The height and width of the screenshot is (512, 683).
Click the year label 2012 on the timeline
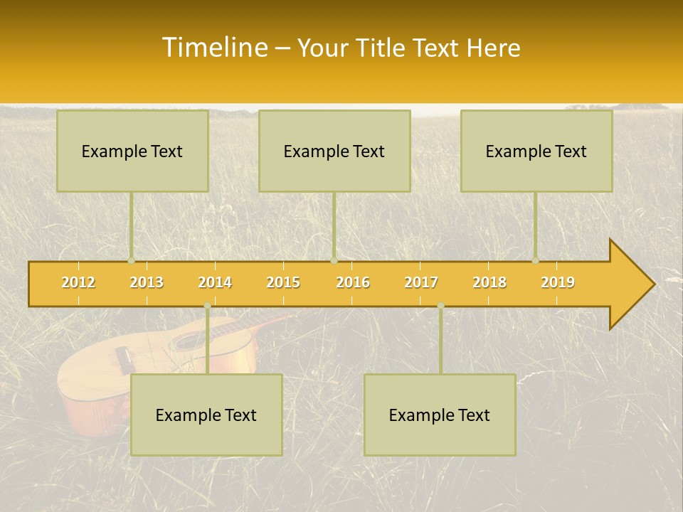pos(78,282)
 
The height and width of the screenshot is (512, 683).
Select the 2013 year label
pos(147,282)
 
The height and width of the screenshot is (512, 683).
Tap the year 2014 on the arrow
pos(215,282)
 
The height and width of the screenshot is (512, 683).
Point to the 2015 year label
pos(283,282)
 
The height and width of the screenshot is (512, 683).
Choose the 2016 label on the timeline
pos(353,282)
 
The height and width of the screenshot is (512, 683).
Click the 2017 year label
pos(421,282)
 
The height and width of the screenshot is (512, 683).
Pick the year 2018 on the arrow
pos(489,282)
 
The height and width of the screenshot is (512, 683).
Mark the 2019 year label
pos(558,282)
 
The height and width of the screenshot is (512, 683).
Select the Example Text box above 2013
pos(132,151)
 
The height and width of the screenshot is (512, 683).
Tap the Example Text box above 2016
pos(334,151)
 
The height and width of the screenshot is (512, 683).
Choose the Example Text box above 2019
pos(536,151)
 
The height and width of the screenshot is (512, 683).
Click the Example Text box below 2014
pos(206,415)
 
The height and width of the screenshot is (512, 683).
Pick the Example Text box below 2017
pos(440,415)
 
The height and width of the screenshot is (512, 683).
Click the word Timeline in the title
pos(213,48)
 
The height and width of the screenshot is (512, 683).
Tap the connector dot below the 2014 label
pos(207,306)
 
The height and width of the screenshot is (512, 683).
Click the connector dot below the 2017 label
pos(440,306)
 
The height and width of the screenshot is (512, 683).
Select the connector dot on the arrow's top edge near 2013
pos(131,261)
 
